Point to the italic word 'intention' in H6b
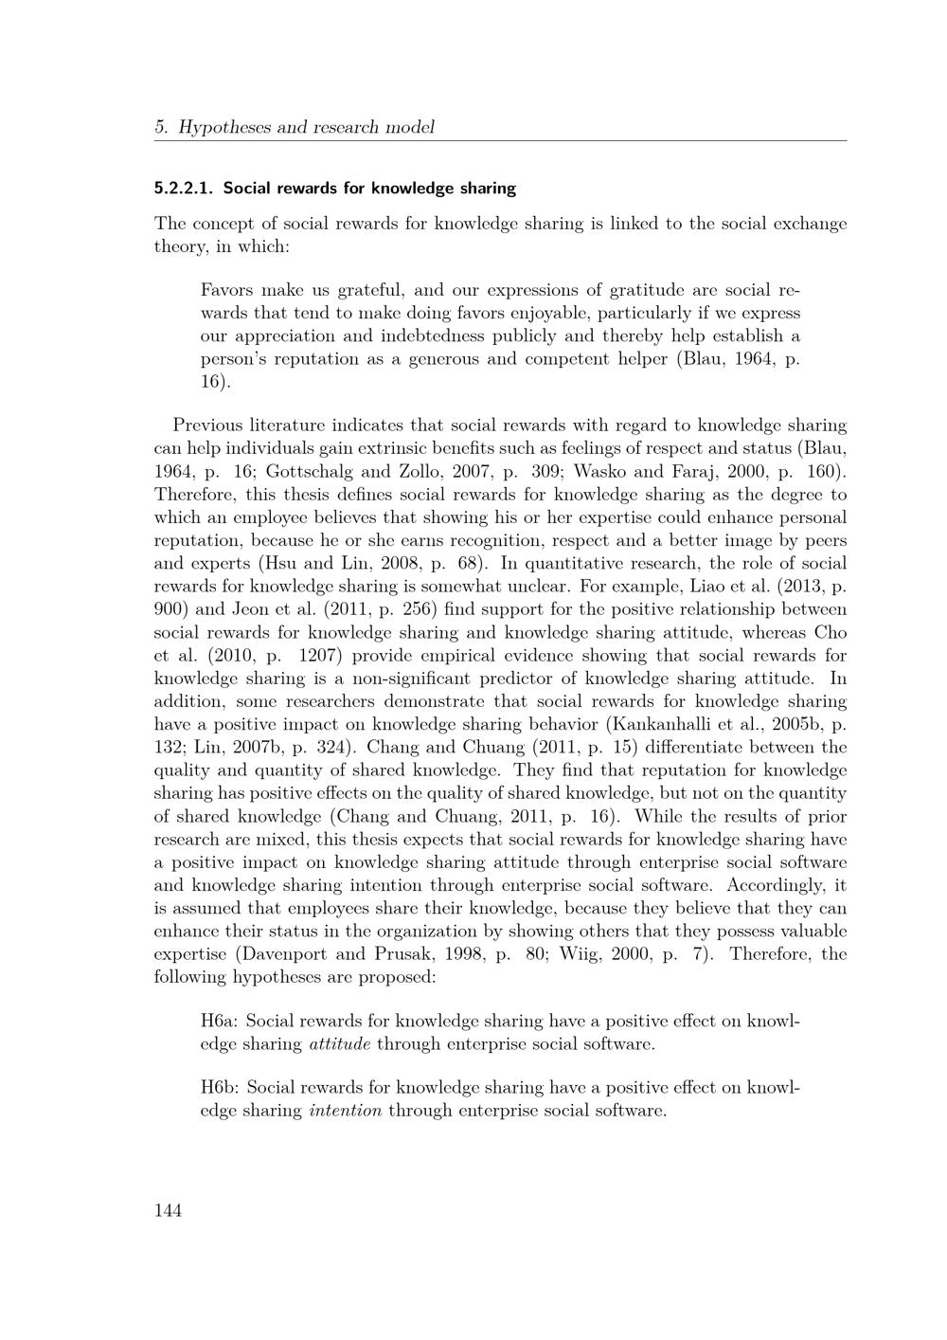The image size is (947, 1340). tap(346, 1111)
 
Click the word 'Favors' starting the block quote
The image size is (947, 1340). tap(226, 290)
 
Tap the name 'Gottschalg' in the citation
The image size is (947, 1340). tap(307, 471)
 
